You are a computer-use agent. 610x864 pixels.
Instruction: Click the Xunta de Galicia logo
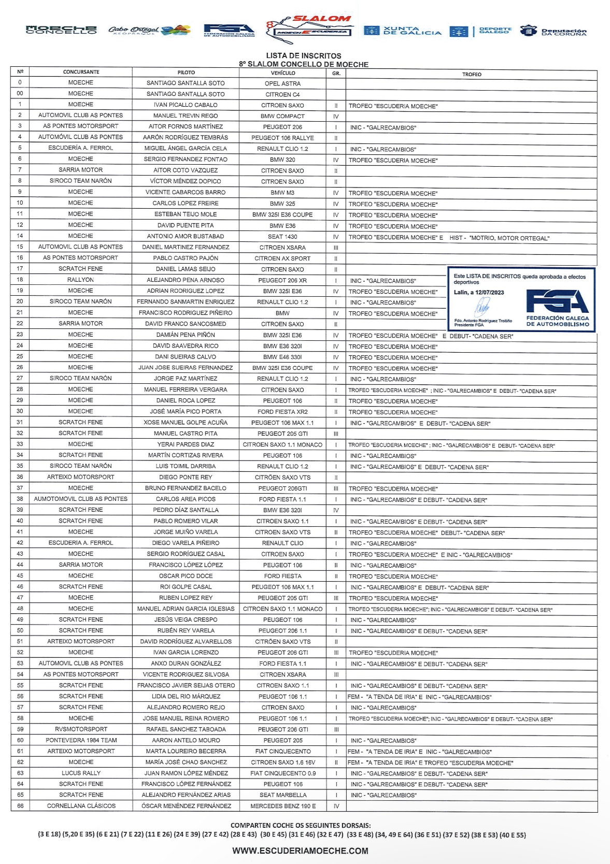(403, 31)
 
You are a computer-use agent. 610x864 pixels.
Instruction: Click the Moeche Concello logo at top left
(61, 30)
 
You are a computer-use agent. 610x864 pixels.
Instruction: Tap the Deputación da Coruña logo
(554, 31)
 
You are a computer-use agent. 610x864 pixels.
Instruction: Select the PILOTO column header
(186, 73)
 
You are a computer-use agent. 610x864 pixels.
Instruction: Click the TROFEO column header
(472, 75)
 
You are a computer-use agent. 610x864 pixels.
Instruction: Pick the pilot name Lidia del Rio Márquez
(186, 697)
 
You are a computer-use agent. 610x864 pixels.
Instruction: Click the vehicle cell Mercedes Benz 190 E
(283, 806)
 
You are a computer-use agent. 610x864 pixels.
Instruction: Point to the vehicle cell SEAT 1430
(283, 237)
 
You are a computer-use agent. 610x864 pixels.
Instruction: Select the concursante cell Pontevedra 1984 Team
(81, 740)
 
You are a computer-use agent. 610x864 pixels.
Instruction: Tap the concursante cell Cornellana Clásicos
(81, 806)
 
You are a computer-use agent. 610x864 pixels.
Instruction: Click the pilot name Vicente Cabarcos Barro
(186, 193)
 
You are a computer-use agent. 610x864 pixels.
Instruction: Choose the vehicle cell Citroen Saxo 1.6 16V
(283, 762)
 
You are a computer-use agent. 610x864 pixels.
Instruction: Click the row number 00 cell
(20, 94)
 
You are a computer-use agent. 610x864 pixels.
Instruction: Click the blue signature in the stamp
(483, 309)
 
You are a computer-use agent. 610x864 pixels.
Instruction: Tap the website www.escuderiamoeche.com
(300, 851)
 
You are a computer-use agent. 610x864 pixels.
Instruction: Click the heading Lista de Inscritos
(304, 55)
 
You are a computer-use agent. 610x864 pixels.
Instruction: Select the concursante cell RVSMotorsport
(81, 729)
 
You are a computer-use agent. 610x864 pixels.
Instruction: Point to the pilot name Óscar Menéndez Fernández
(186, 806)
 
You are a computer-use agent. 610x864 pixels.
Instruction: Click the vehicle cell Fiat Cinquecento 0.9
(283, 773)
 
